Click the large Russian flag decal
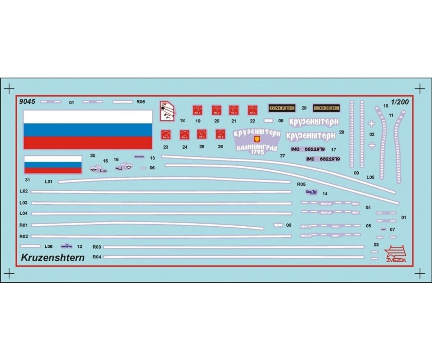87,129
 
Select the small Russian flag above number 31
53,165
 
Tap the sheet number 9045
27,102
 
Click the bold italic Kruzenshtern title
52,257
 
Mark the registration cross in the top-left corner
9,89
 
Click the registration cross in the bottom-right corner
419,273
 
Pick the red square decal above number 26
220,134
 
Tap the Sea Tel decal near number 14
311,192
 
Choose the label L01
48,181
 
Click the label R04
97,257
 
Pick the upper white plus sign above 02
371,123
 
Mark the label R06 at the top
141,102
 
